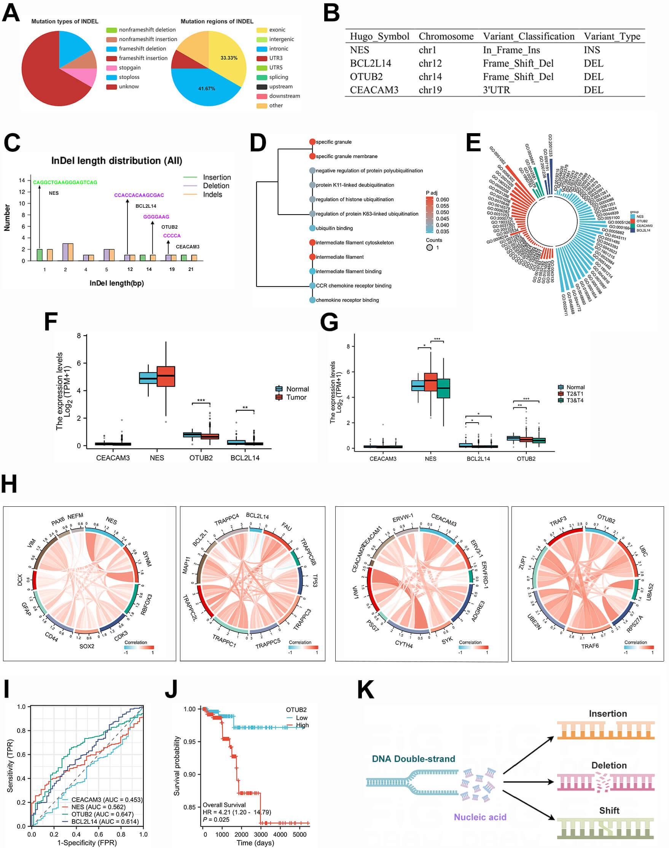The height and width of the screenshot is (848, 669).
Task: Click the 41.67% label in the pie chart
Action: pos(206,89)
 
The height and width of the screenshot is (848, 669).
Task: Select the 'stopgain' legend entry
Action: pos(130,68)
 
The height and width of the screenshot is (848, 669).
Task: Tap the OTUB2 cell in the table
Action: pos(366,77)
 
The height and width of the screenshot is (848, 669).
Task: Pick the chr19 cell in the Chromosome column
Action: pos(430,90)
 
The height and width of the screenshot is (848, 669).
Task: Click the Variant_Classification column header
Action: pos(528,37)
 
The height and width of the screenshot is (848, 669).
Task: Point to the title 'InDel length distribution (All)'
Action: pos(117,161)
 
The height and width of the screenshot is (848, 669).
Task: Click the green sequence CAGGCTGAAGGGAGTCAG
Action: pos(65,183)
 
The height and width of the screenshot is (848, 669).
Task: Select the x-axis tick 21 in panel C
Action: pos(191,269)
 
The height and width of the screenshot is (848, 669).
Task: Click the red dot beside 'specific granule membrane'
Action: pos(312,156)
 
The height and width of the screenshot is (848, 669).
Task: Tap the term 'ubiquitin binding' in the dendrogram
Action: pos(334,228)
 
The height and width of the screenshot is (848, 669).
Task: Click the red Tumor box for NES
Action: pos(166,376)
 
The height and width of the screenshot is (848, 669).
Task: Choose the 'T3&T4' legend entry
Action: pos(575,400)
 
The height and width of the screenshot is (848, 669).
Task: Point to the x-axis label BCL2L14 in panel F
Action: pos(245,458)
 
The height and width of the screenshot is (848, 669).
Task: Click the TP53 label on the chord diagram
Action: pos(315,581)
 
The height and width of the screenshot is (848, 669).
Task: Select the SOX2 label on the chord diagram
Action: pos(87,646)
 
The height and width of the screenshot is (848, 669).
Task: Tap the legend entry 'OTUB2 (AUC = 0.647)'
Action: pos(102,814)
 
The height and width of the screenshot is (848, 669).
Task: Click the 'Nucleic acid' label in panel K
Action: pos(480,817)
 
